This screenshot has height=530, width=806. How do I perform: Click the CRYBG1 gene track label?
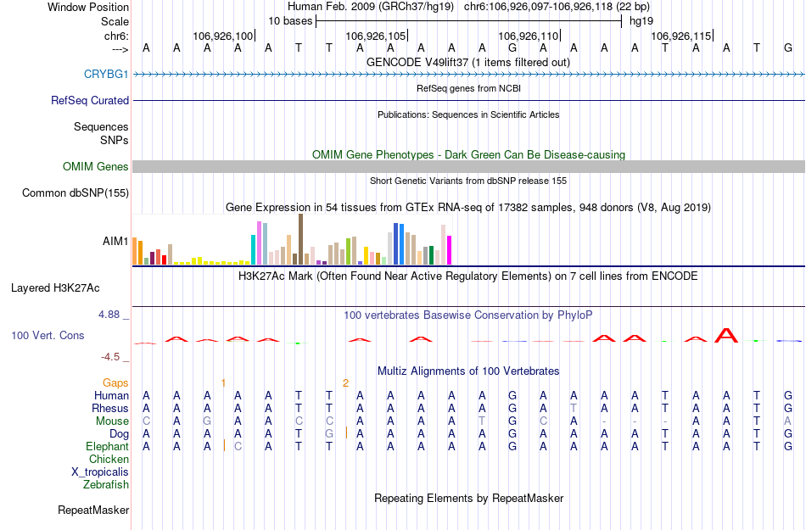(x=106, y=75)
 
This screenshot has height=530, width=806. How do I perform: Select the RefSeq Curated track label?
(x=90, y=100)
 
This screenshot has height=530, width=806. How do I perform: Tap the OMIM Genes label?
(x=96, y=167)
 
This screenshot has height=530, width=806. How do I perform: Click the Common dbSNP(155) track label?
(x=76, y=193)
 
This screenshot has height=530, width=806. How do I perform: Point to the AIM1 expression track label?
(x=115, y=242)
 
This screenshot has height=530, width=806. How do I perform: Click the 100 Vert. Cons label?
(x=48, y=336)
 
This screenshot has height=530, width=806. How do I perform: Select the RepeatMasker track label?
(x=93, y=510)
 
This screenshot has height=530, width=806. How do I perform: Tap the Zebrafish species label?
(x=106, y=485)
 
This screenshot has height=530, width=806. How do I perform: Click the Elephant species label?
(x=107, y=447)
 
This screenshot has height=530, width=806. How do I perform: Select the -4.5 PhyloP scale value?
(x=111, y=357)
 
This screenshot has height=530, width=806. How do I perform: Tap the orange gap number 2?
(x=345, y=383)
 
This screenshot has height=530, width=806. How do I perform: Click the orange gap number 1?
(x=223, y=383)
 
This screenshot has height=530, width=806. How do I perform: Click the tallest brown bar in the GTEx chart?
(x=300, y=239)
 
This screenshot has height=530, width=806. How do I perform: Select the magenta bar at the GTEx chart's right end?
(x=450, y=250)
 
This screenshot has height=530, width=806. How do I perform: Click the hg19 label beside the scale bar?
(x=641, y=20)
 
